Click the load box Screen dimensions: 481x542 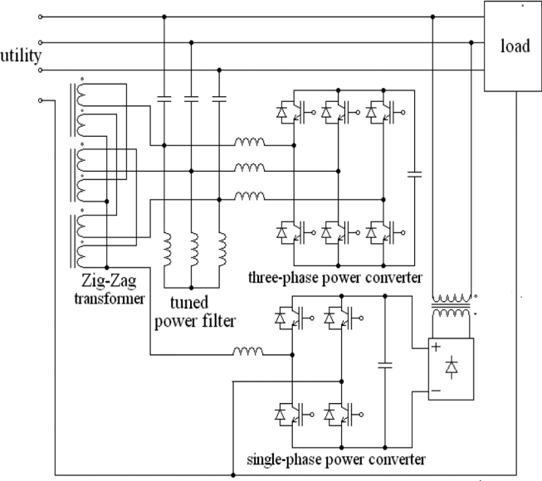[x=513, y=46]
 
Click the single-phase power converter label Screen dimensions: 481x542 [x=336, y=458]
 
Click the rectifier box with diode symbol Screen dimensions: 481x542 [x=449, y=368]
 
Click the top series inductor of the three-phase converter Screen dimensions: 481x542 [x=248, y=143]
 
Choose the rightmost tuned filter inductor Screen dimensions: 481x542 [x=221, y=246]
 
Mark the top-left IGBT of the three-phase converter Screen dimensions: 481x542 [x=291, y=111]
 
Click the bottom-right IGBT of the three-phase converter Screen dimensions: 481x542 [x=382, y=235]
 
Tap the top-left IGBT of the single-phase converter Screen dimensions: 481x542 [x=291, y=316]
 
